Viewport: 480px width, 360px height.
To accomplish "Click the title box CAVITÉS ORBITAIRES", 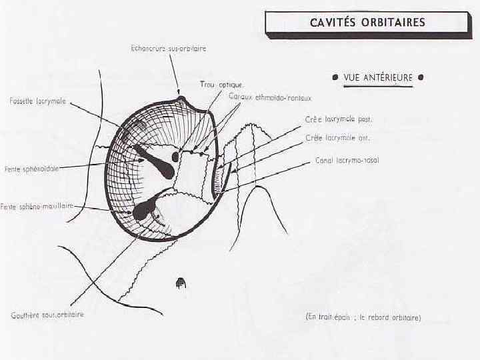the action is [367, 23].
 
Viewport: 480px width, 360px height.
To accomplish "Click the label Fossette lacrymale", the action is [38, 101].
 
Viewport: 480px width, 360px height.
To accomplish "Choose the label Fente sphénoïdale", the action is [31, 169].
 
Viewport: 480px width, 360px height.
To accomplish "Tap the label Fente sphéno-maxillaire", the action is [37, 207].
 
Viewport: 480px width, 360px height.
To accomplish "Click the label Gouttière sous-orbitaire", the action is [47, 314].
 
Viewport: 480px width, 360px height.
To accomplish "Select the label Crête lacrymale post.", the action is [339, 120].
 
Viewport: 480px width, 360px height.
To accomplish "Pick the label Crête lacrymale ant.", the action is [337, 138].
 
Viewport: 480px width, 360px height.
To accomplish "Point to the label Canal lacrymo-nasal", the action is [347, 161].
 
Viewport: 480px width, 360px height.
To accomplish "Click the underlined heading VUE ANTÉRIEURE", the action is [378, 77].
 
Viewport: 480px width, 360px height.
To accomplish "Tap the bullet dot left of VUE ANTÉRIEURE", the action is [335, 77].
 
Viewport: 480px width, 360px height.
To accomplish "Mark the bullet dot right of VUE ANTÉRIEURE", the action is [421, 77].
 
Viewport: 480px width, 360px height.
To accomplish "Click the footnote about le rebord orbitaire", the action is [363, 317].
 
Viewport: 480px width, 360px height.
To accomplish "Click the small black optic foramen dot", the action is [175, 156].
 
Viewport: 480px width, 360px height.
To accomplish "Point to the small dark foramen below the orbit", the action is [179, 283].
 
